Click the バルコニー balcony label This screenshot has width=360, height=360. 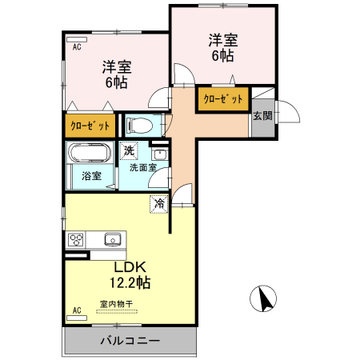130,340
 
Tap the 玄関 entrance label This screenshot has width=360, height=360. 262,115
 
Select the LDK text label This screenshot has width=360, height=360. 129,266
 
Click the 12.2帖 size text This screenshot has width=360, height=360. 130,282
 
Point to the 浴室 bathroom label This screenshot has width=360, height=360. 91,177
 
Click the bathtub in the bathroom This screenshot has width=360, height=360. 91,154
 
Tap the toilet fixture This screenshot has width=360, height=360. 141,125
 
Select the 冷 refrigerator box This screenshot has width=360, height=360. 159,203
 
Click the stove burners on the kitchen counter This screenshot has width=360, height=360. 77,239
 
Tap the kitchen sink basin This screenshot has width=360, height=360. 112,238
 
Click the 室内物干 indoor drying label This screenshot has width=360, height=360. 117,303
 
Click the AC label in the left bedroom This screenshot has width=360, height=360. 78,47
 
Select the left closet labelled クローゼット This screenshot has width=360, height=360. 89,126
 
